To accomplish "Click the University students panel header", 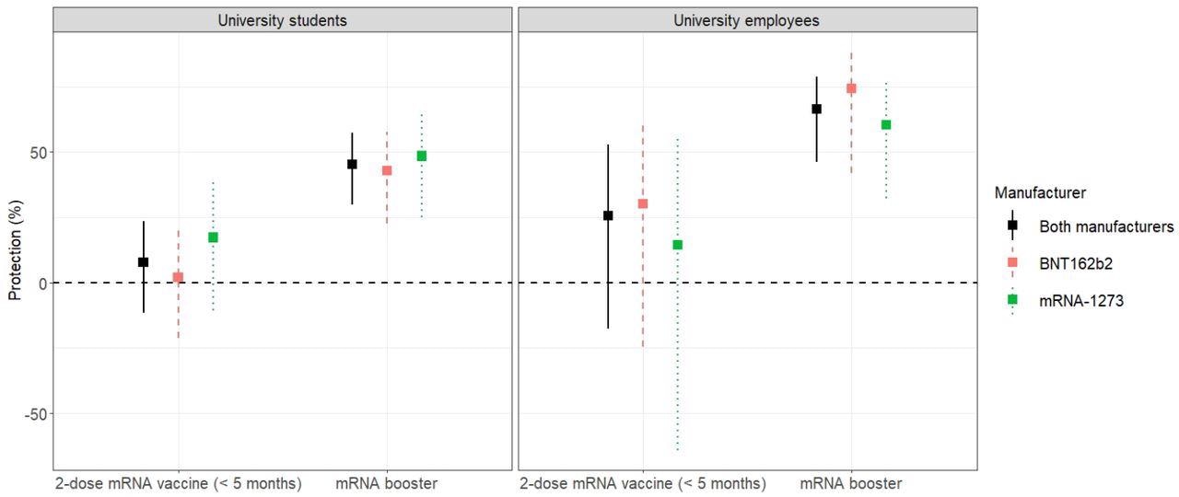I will tap(282, 20).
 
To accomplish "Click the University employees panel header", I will tap(747, 20).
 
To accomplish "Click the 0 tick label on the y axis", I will tap(41, 283).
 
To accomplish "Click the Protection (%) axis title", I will tap(15, 250).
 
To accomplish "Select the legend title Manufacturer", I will tap(1040, 193).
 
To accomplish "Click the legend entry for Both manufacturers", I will tap(1105, 225).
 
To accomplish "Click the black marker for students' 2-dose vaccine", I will tap(144, 262).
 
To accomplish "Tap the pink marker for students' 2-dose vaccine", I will tap(179, 277).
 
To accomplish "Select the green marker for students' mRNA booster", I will tap(422, 156).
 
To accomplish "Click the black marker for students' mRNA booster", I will tap(352, 164).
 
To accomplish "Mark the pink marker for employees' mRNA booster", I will tap(851, 88).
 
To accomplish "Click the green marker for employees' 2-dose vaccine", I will tap(677, 245).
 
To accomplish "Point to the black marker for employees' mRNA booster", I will tap(816, 109).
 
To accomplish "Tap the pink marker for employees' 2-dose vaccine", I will tap(643, 203).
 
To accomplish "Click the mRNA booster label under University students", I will tap(386, 484).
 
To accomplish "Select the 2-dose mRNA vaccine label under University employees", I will tap(642, 484).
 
